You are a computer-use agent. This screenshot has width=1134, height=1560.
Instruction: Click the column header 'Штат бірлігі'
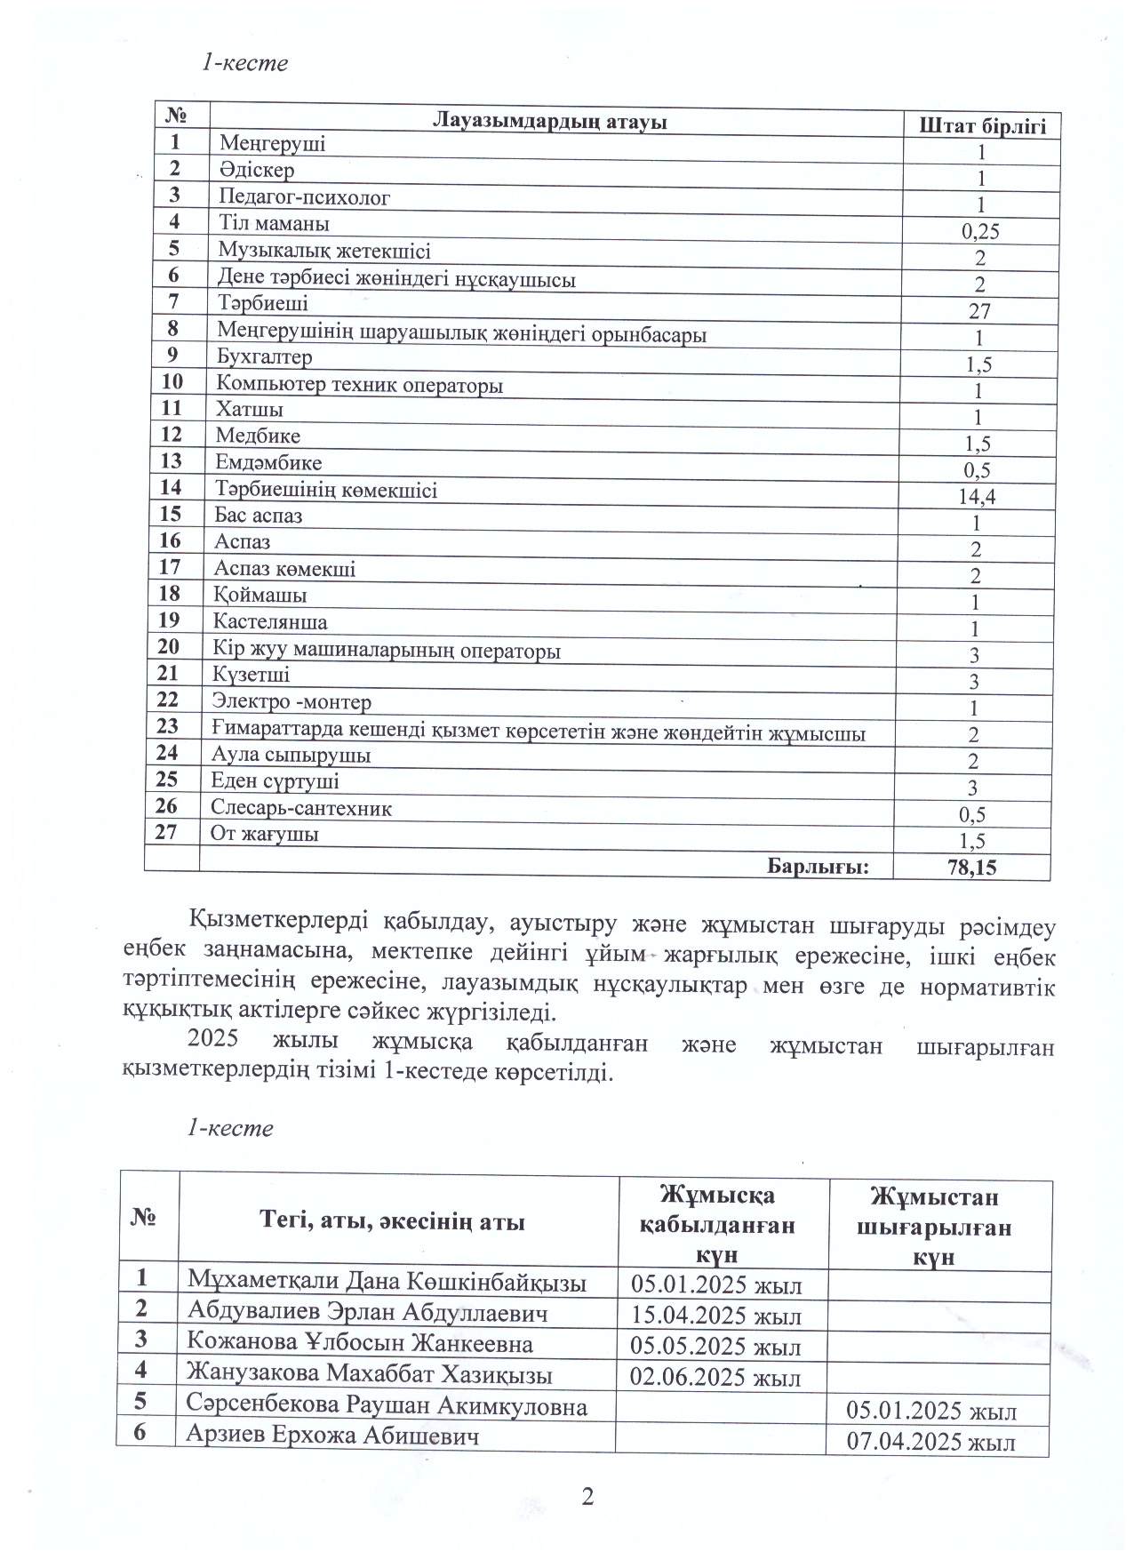point(982,125)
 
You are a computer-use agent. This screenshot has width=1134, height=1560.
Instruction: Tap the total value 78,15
point(972,868)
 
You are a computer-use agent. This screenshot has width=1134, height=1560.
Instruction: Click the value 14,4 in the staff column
point(977,497)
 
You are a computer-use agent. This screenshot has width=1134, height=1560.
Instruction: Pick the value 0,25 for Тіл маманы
point(980,232)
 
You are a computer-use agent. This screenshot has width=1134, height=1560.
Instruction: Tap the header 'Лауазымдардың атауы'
point(549,122)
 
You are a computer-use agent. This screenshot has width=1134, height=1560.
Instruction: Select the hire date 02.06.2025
point(715,1378)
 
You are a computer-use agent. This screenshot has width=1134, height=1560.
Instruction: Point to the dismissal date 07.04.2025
point(930,1441)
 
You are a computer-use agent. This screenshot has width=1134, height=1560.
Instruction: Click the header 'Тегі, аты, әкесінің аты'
point(391,1221)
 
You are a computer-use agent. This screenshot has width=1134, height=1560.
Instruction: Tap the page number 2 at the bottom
point(587,1498)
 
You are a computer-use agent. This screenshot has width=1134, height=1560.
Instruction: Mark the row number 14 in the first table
point(171,487)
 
